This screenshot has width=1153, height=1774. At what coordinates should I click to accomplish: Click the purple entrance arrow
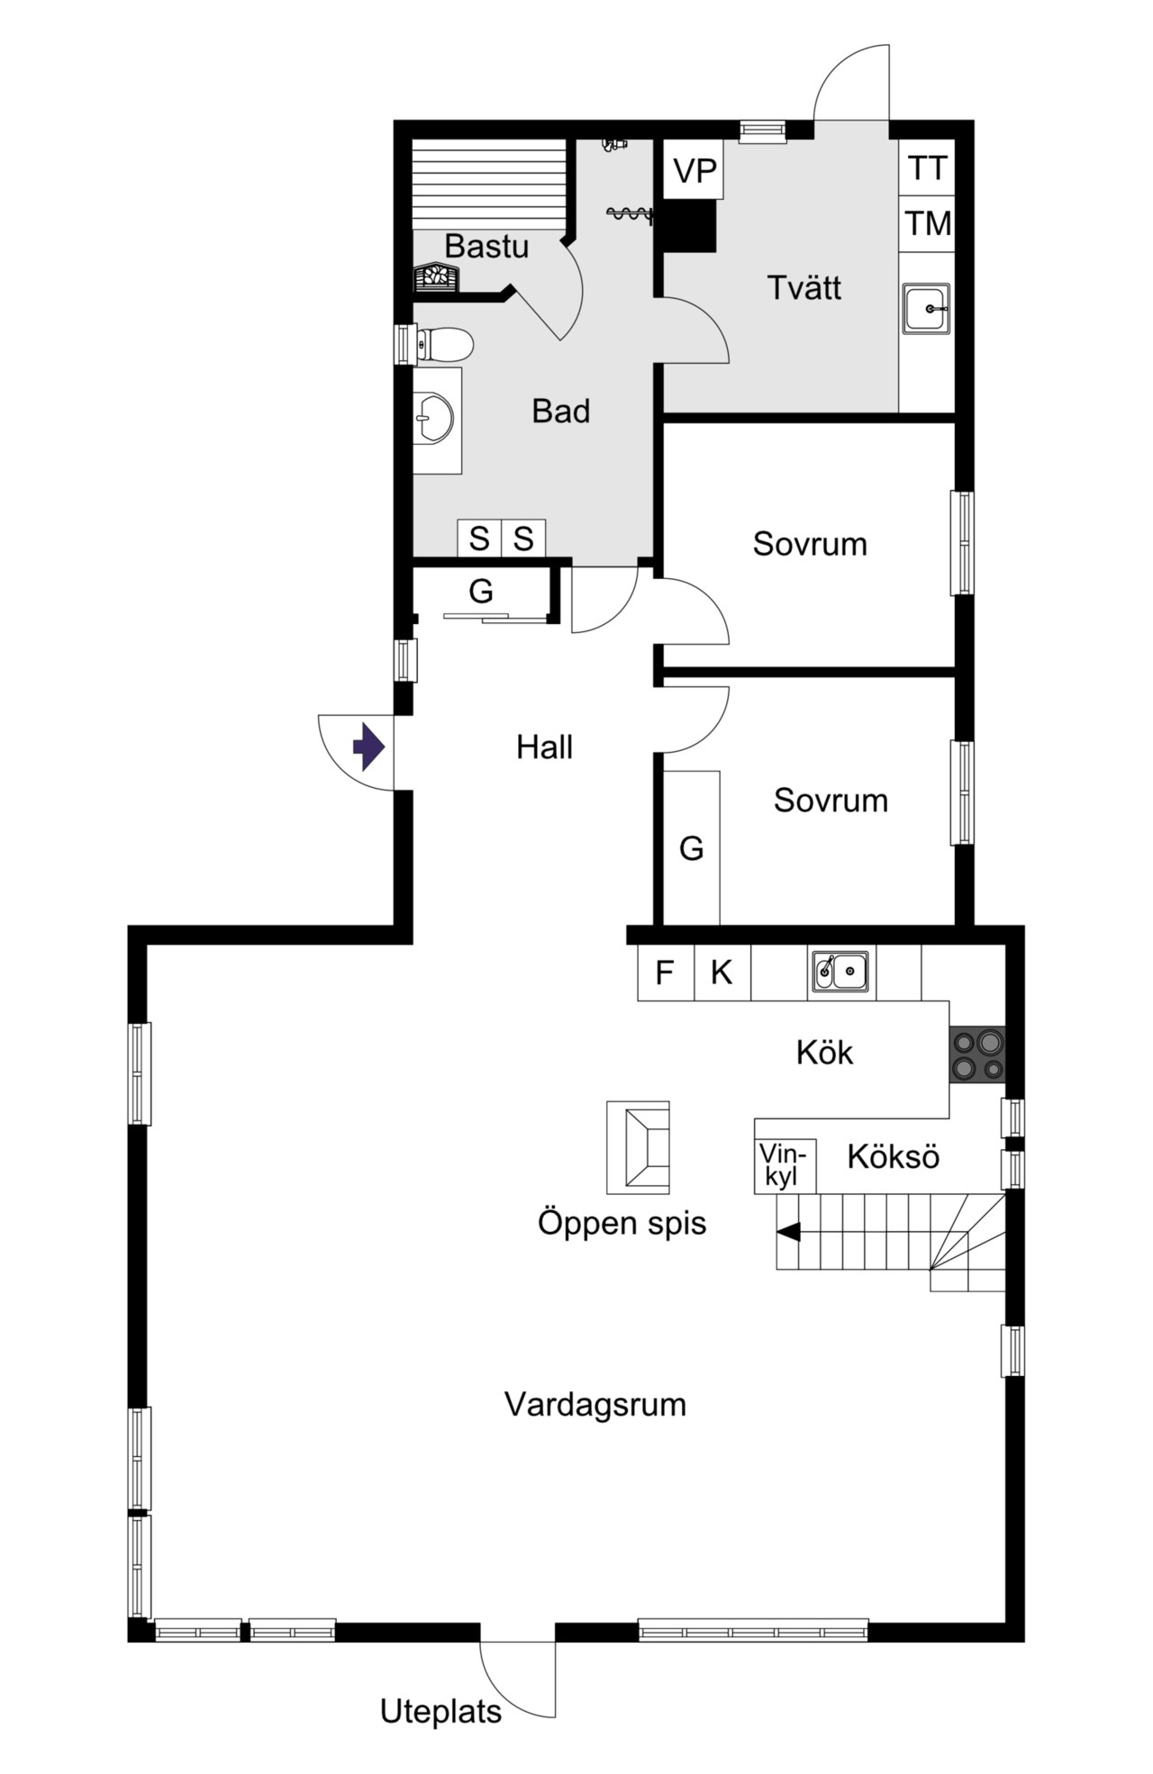tap(368, 747)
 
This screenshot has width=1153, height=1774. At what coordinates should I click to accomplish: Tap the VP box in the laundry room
tap(694, 169)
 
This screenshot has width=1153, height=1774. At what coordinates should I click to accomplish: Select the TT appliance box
tap(927, 167)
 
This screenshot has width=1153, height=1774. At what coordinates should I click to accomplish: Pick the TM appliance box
tap(927, 223)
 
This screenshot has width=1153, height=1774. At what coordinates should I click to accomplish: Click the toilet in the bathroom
tap(444, 344)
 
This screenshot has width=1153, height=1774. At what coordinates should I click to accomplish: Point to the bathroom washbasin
tap(437, 419)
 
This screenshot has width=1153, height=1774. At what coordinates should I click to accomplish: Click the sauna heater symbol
tap(436, 277)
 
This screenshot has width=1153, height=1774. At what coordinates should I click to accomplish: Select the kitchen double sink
tap(840, 971)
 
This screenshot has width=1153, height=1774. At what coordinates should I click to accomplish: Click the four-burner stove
tap(977, 1054)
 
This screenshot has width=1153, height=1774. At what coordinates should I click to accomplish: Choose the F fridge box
tap(666, 973)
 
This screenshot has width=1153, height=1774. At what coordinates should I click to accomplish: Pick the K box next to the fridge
tap(722, 973)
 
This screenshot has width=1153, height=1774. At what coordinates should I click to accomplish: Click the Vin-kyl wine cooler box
tap(785, 1165)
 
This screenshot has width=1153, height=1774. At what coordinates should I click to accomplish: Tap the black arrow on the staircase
tap(788, 1232)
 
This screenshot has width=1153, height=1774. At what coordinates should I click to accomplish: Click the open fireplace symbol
tap(638, 1147)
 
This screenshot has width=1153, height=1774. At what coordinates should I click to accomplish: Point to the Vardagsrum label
tap(595, 1404)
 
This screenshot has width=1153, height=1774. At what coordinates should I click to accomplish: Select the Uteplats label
tap(440, 1711)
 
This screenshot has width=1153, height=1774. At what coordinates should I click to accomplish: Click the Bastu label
tap(486, 246)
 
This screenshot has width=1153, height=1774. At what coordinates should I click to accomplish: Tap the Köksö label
tap(894, 1156)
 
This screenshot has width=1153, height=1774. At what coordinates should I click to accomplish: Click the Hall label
tap(544, 747)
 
